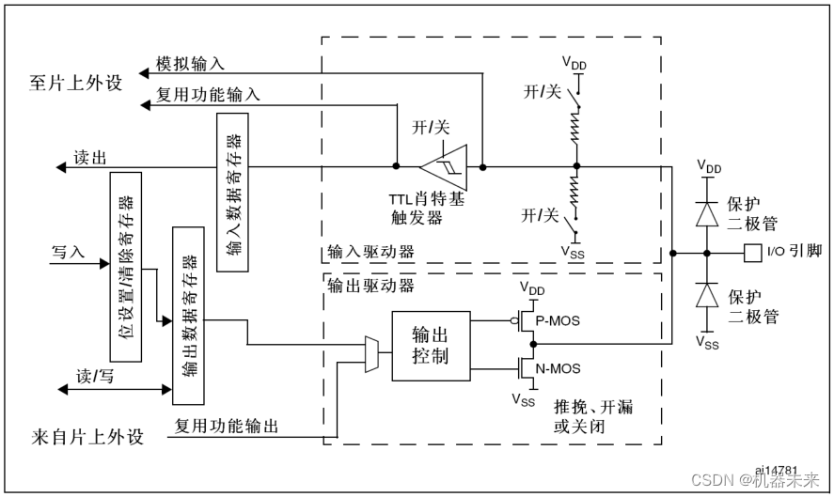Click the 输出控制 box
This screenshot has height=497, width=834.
430,345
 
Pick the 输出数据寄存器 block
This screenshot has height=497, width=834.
189,314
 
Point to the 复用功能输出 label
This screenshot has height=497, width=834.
227,427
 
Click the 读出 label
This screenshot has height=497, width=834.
90,157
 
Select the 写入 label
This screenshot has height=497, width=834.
69,252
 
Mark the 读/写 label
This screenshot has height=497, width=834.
93,375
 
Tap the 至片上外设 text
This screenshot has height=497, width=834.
76,83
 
